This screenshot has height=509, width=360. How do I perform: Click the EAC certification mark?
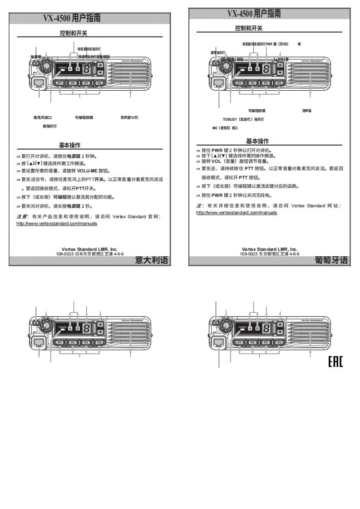335,362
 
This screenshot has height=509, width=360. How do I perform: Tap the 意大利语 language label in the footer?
152,260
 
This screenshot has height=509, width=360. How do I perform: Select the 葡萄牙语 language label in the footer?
331,260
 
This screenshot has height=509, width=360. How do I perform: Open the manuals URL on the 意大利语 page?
57,224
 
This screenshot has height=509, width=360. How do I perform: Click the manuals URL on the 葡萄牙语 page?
237,212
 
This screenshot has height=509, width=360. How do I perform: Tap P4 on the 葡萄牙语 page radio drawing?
280,83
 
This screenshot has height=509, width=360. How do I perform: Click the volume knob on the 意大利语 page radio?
46,69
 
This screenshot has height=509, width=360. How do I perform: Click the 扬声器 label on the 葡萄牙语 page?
307,111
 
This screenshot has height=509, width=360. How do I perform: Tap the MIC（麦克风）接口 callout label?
225,128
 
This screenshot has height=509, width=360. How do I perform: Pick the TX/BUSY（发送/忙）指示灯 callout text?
243,119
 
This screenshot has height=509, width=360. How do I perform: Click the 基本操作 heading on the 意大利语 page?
69,145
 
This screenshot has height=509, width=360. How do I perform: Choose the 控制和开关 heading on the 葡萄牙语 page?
249,29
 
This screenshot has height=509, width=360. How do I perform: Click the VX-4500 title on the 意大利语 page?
72,18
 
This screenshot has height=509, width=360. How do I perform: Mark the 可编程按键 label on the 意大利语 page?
84,117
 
